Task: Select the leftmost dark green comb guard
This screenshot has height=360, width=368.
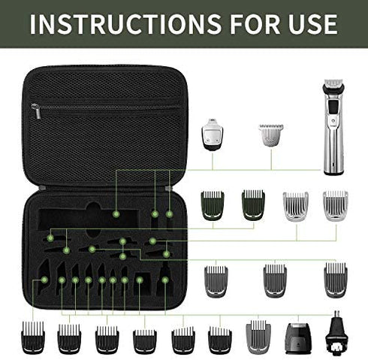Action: point(213,205)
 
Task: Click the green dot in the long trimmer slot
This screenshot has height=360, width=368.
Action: point(116,214)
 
